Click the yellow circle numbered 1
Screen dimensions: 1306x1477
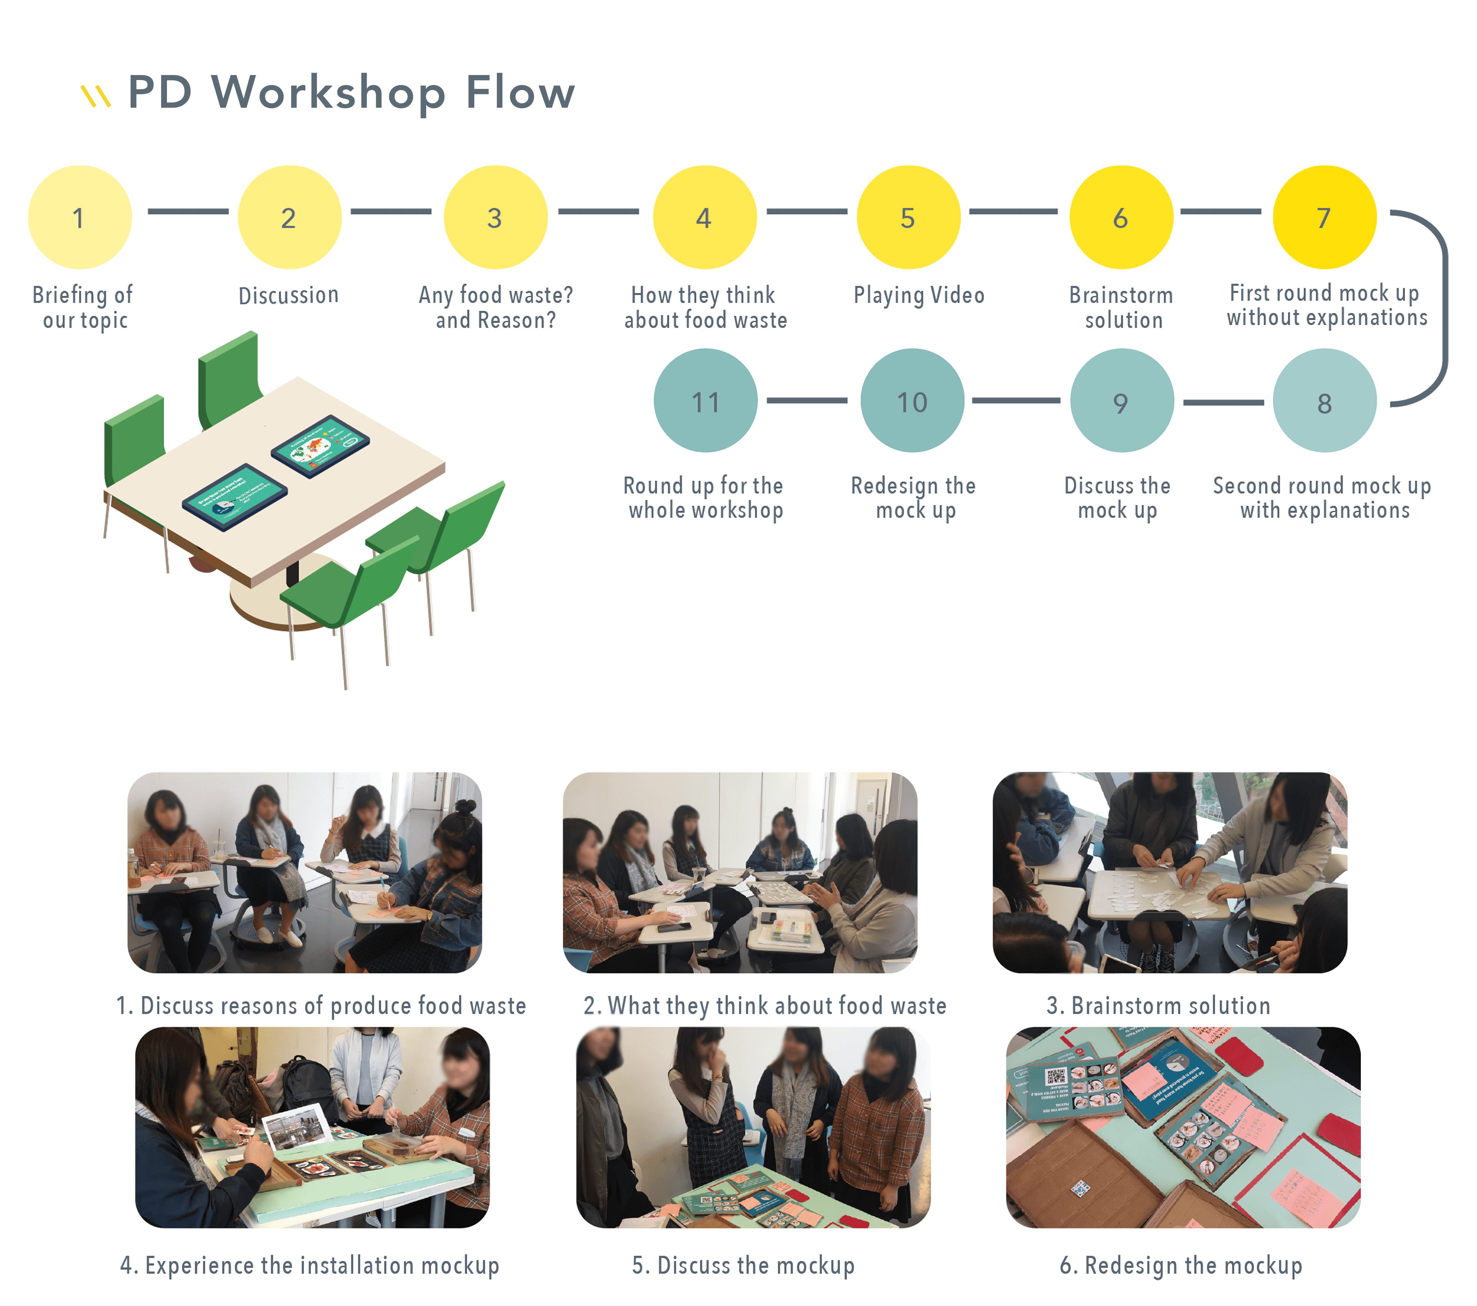pos(80,217)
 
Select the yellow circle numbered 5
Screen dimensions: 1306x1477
pos(908,217)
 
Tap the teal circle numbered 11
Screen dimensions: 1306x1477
pos(705,401)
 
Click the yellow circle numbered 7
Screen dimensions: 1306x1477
pos(1324,217)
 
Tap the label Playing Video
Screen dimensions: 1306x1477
pos(919,295)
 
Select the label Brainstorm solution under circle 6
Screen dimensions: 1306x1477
pos(1122,307)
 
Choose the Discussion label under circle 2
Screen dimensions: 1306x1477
pos(288,295)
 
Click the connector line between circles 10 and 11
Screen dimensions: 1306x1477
pos(807,400)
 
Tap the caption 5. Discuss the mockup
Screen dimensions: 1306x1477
pos(743,1265)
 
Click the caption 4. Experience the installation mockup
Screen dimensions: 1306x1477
pos(309,1265)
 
